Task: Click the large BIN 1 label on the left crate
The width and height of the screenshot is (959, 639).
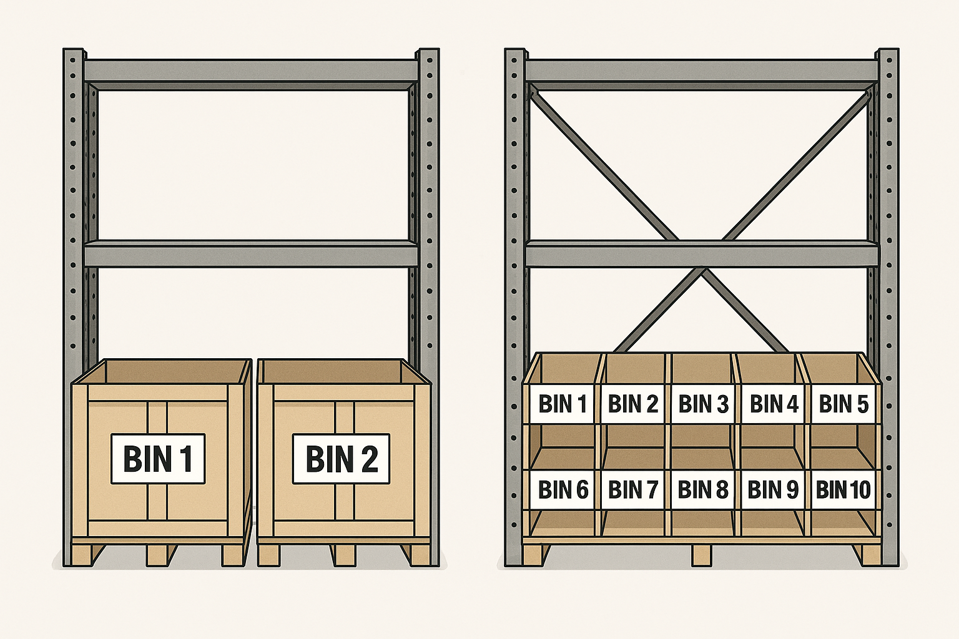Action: [158, 459]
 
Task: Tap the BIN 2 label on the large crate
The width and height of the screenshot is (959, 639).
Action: [341, 459]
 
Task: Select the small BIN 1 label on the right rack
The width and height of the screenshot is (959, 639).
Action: [562, 404]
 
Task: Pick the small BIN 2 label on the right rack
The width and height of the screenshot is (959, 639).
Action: [632, 404]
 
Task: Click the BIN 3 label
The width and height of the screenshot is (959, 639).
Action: [703, 404]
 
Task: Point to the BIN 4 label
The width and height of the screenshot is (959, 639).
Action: [774, 404]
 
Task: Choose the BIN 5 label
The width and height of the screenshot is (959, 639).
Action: [843, 404]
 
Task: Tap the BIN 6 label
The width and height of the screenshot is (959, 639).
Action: [563, 490]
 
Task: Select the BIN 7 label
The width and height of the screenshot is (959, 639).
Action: [632, 490]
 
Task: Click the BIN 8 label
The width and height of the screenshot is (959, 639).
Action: [703, 490]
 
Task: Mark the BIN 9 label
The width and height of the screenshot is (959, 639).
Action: [773, 490]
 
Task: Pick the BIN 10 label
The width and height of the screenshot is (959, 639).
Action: [843, 490]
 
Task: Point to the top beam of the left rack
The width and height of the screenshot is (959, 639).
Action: [250, 71]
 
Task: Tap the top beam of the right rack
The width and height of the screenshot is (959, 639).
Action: [702, 71]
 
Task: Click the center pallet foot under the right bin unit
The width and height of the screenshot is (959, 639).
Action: [702, 554]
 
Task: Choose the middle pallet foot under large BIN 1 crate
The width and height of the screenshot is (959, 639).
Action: [157, 555]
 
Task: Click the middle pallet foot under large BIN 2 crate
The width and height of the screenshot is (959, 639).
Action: [343, 555]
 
